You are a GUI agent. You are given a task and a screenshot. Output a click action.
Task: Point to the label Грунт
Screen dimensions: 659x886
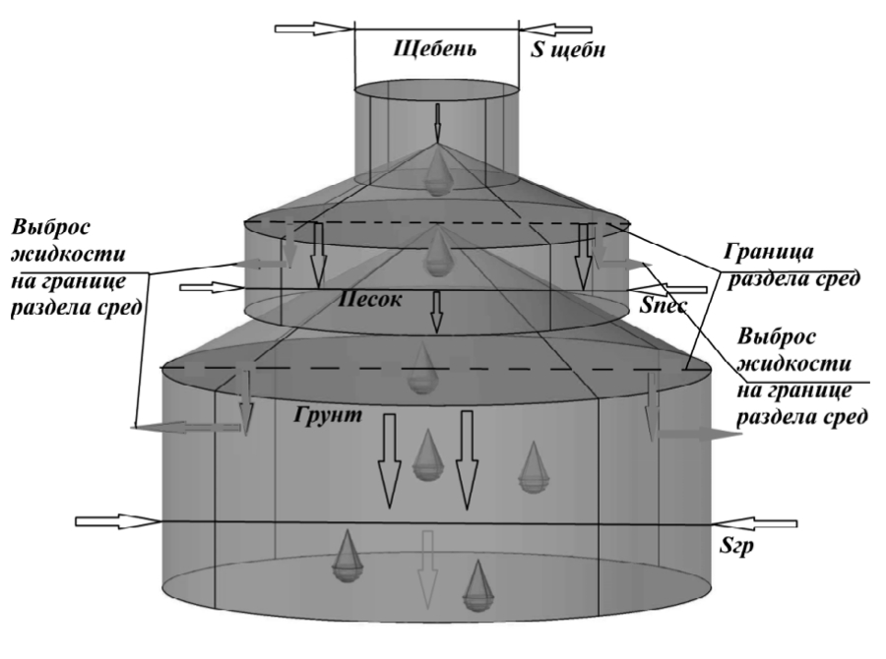(327, 415)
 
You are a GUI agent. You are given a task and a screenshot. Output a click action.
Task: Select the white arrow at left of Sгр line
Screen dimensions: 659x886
(116, 520)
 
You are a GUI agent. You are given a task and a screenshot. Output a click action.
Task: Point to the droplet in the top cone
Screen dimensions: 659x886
(434, 174)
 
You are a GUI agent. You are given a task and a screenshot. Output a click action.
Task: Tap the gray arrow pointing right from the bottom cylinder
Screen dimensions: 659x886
(699, 434)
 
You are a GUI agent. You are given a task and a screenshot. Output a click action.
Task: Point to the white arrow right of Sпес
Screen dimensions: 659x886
(683, 289)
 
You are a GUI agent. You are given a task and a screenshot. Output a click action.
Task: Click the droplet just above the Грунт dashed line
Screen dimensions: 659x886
(424, 365)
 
